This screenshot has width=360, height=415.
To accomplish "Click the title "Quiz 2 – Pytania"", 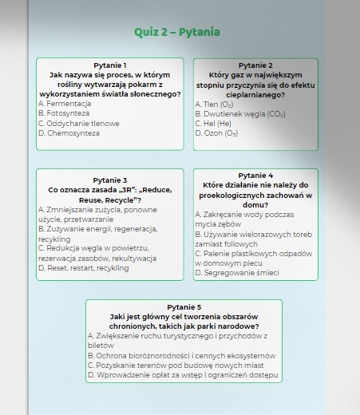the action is coord(177,32).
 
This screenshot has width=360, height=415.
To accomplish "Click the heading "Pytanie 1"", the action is coord(110,65).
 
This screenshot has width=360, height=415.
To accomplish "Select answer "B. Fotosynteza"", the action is coord(63,114).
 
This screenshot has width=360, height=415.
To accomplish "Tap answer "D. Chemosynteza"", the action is coord(69,133).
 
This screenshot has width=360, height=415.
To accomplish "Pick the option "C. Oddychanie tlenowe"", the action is coord(78,124).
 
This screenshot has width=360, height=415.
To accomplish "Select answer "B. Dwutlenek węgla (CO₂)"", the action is coord(240,114).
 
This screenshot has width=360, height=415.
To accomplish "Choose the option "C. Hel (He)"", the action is coord(213,124).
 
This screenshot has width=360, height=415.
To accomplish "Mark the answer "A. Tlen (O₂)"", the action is coord(215,105).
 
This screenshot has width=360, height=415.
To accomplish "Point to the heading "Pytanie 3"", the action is coord(110,180).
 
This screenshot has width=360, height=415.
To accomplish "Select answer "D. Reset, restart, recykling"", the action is coord(83,268).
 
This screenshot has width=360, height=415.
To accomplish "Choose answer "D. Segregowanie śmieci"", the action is coord(236,273).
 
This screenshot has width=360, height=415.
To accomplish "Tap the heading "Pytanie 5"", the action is coord(184,307).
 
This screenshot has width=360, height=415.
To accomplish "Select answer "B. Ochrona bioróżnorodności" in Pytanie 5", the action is coord(181,355).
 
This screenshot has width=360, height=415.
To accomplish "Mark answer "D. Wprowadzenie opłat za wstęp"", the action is coord(183,374).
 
